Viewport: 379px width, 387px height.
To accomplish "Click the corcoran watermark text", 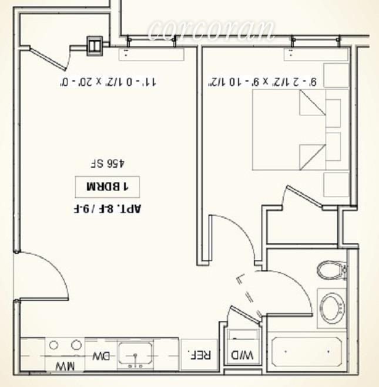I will pyautogui.click(x=211, y=30).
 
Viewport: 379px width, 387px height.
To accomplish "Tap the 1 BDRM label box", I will pyautogui.click(x=107, y=187).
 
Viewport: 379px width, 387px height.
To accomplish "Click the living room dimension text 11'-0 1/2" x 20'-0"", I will pyautogui.click(x=109, y=82).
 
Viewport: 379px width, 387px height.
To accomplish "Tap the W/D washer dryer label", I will pyautogui.click(x=242, y=354).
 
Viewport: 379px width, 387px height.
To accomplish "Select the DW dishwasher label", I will pyautogui.click(x=101, y=355).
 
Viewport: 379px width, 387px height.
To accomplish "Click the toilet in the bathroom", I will pyautogui.click(x=332, y=270).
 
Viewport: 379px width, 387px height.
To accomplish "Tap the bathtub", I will pyautogui.click(x=307, y=352).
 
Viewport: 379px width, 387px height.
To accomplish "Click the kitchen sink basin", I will pyautogui.click(x=135, y=353).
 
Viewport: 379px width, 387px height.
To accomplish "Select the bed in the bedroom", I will pyautogui.click(x=288, y=132).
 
